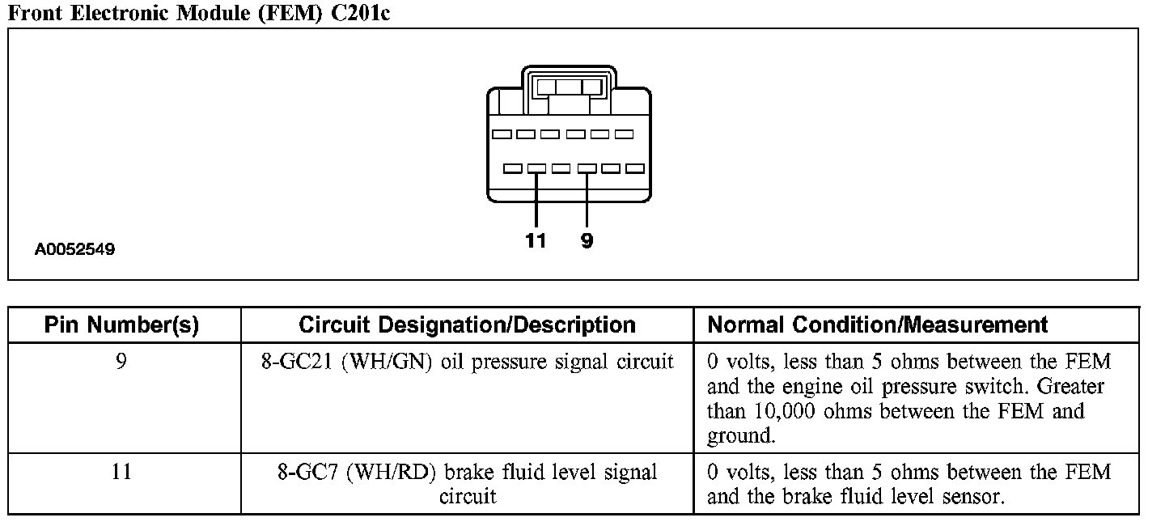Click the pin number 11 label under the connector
(x=536, y=240)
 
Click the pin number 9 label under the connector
(x=587, y=240)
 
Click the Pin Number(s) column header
(x=121, y=325)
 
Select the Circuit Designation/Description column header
(x=467, y=325)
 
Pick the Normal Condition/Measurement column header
(x=878, y=325)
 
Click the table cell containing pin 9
(x=121, y=362)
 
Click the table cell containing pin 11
(x=121, y=472)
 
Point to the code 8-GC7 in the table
(x=308, y=472)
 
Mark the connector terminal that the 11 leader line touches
(x=536, y=168)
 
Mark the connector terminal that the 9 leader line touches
(x=587, y=168)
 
